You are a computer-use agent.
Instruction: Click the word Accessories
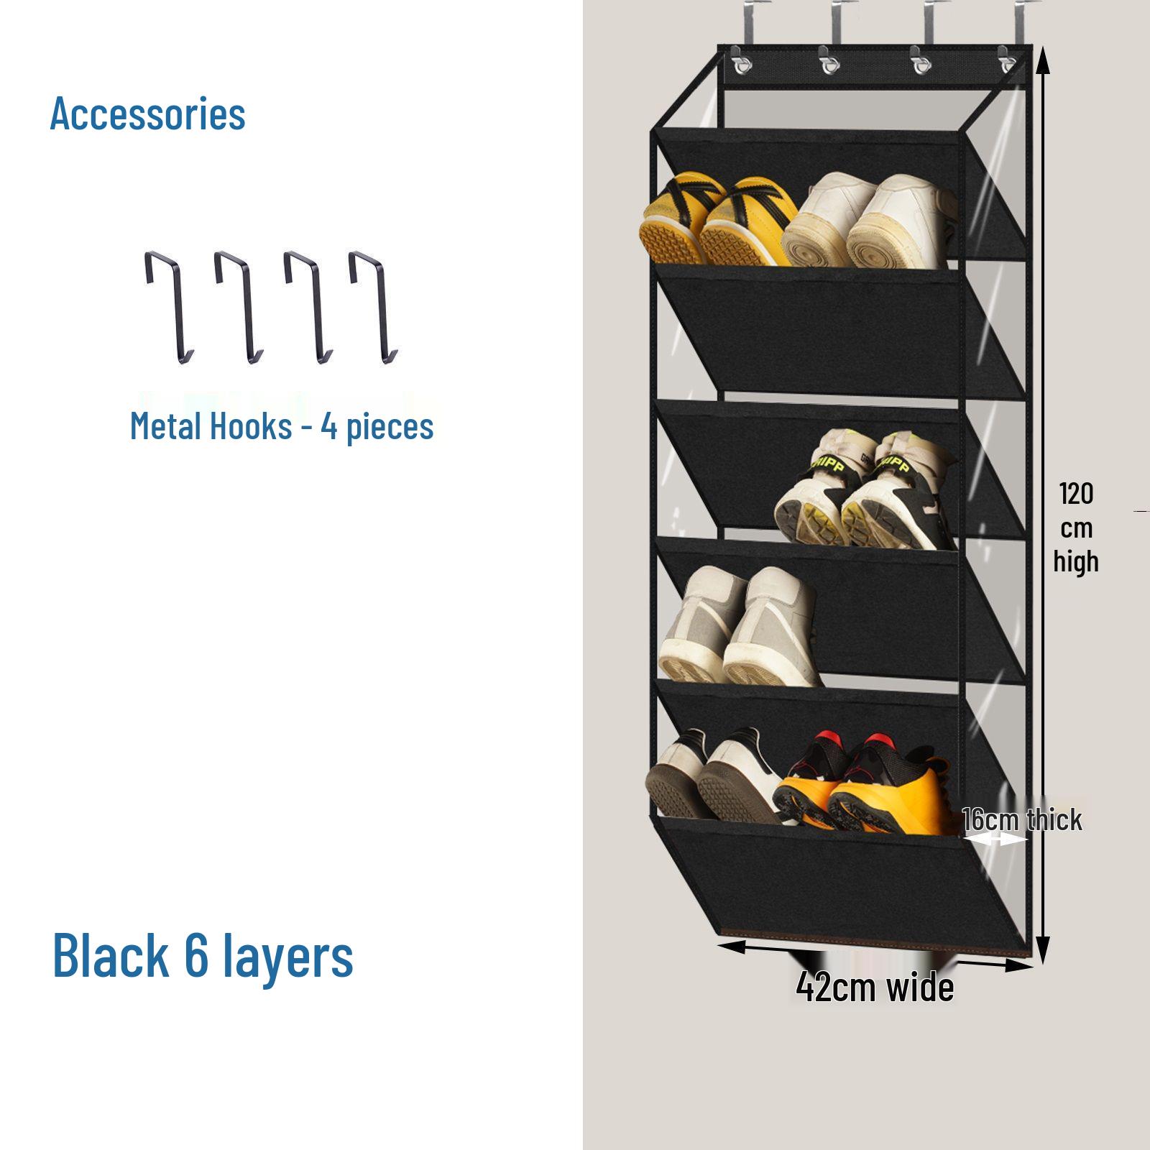pos(147,114)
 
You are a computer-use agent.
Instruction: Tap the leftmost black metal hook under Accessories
pos(170,305)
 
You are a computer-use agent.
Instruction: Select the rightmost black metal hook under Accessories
pos(373,305)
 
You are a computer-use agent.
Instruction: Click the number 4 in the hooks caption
pos(330,426)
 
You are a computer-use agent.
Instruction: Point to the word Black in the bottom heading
pos(111,955)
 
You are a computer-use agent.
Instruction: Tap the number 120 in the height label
pos(1076,494)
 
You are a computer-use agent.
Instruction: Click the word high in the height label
pos(1076,561)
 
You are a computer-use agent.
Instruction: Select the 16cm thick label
pos(1022,820)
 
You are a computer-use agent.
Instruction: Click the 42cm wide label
pos(875,988)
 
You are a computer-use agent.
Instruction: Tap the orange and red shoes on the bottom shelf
pos(862,783)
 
